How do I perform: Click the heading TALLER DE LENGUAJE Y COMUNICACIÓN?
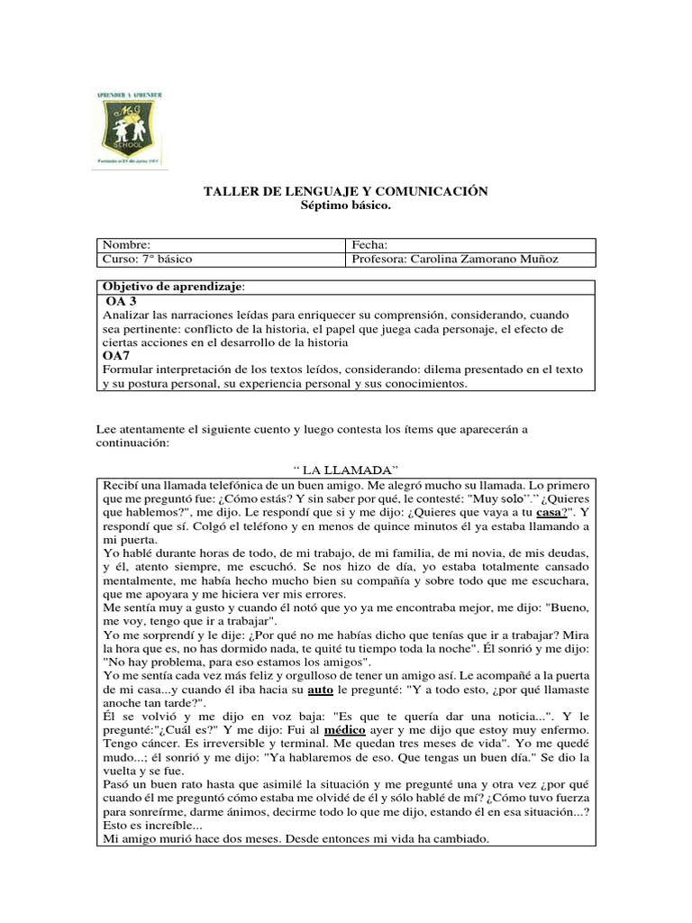pos(346,191)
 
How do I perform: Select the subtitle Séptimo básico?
pos(346,206)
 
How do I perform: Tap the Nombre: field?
pos(220,245)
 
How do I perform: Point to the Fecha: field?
pos(469,245)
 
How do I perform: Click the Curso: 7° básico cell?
pos(220,260)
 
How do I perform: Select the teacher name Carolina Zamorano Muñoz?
pos(484,260)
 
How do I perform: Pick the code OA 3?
pos(122,301)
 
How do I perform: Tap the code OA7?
pos(117,356)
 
